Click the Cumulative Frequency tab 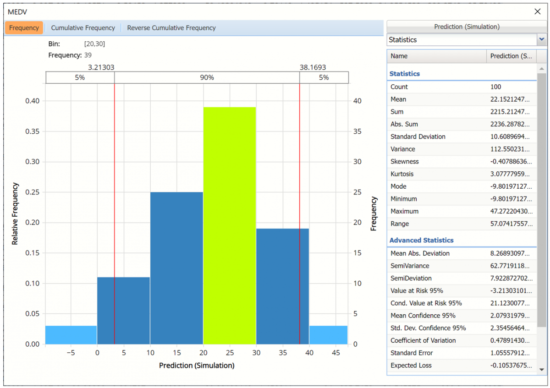click(x=83, y=28)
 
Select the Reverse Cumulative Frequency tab click(x=171, y=28)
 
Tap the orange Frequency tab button click(x=24, y=28)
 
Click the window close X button click(x=538, y=11)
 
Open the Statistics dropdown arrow click(x=542, y=39)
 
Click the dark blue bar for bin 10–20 click(x=176, y=268)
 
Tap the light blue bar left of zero click(x=71, y=335)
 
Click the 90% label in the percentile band click(x=207, y=77)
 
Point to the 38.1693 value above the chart click(x=313, y=67)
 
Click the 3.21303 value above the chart click(x=101, y=67)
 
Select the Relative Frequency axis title click(x=15, y=213)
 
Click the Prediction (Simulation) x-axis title click(x=197, y=366)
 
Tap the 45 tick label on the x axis click(x=336, y=353)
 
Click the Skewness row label click(x=404, y=161)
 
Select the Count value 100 click(x=495, y=87)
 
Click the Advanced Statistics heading click(x=421, y=240)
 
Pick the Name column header click(x=399, y=56)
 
